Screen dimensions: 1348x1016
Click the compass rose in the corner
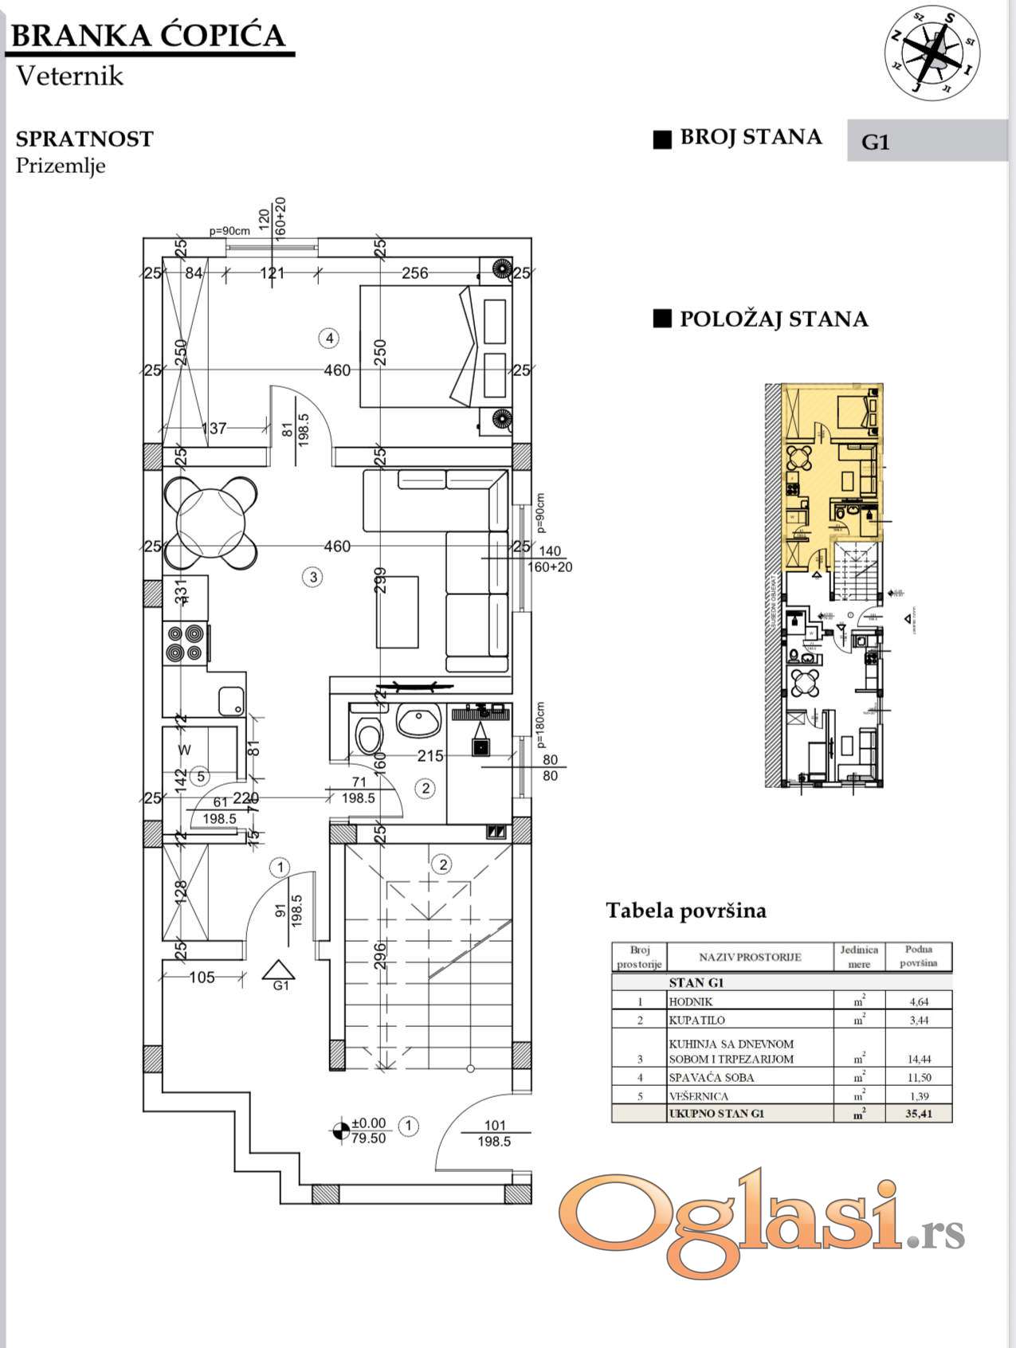932,54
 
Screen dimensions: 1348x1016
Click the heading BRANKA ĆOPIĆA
149,36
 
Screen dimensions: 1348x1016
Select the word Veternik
70,76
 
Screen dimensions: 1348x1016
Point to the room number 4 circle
329,338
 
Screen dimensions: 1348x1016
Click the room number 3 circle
313,577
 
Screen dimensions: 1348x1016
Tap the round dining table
211,522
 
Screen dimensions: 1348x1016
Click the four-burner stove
185,643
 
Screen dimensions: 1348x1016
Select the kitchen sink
231,700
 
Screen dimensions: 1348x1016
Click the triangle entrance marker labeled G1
279,970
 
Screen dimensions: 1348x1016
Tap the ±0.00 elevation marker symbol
340,1129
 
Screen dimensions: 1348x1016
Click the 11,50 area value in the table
919,1077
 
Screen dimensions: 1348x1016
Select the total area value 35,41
919,1114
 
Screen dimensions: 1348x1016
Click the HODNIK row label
691,1001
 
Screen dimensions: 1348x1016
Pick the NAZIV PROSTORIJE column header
749,957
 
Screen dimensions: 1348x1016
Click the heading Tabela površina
686,911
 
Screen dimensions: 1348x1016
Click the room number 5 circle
201,775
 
